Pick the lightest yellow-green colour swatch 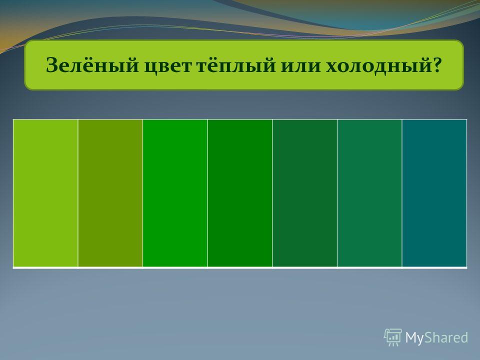pyautogui.click(x=45, y=193)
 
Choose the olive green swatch pyautogui.click(x=110, y=193)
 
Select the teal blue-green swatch pyautogui.click(x=434, y=193)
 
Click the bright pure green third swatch pyautogui.click(x=175, y=193)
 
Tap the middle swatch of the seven pyautogui.click(x=240, y=193)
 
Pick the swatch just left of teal pyautogui.click(x=369, y=193)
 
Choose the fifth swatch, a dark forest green pyautogui.click(x=305, y=193)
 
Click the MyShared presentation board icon pyautogui.click(x=393, y=337)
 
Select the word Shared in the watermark pyautogui.click(x=446, y=337)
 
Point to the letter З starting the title pyautogui.click(x=52, y=65)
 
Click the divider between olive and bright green pyautogui.click(x=143, y=193)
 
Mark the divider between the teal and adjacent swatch pyautogui.click(x=402, y=193)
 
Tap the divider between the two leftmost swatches pyautogui.click(x=78, y=193)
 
